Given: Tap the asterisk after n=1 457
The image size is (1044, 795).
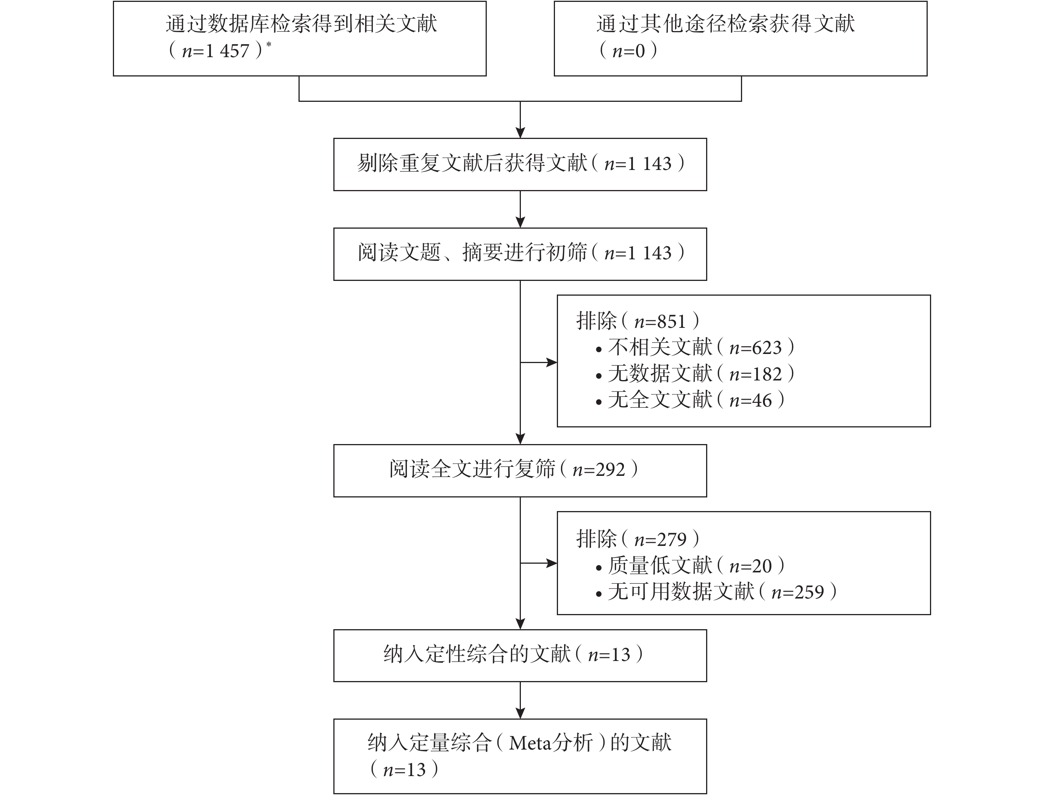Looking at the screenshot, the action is pos(269,45).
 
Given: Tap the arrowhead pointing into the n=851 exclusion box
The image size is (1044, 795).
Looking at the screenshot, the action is pos(552,363).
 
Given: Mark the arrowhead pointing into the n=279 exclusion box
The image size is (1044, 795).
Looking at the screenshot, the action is pos(552,563).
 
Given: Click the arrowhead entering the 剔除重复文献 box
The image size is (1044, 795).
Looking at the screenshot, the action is pos(520,132).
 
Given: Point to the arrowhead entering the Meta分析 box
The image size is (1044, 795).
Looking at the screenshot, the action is pos(520,714).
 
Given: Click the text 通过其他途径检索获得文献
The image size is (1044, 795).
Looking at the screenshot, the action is pos(725,23).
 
